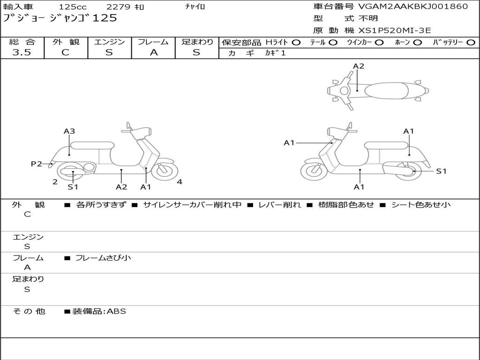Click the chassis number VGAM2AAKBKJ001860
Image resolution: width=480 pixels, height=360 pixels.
413,7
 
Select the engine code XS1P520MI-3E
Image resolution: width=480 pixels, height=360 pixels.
395,30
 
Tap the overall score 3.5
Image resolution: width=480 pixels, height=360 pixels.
22,52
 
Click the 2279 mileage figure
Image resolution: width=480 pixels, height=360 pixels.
120,7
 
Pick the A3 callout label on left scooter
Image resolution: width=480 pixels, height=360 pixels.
69,131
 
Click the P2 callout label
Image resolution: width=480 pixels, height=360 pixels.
37,164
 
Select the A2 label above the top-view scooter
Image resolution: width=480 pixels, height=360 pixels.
359,66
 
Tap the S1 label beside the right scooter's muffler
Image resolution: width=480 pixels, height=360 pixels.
441,171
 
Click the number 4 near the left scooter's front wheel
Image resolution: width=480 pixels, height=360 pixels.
180,182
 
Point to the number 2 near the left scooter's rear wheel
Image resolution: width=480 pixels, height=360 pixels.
55,182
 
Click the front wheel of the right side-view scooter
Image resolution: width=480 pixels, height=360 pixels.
314,171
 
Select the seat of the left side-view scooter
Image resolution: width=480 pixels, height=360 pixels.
92,145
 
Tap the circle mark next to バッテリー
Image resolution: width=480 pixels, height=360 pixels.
471,42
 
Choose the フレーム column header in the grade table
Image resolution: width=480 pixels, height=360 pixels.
153,42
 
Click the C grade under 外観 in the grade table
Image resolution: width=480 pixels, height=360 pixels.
66,52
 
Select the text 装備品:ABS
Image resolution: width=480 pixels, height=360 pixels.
99,311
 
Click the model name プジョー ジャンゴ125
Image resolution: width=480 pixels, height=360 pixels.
60,18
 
